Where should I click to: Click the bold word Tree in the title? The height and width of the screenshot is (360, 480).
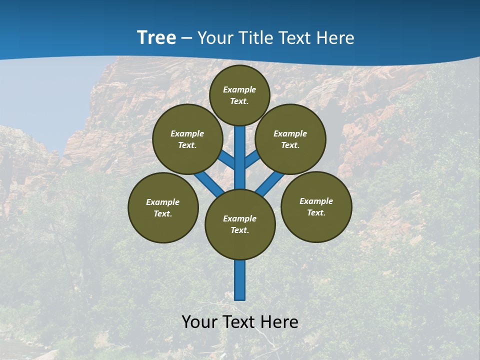click(156, 38)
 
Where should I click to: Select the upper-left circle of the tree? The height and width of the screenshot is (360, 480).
click(187, 139)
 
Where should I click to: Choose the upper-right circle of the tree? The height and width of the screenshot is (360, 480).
click(290, 139)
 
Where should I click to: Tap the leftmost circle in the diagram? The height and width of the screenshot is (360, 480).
click(163, 208)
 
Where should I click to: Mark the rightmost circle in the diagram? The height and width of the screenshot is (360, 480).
click(316, 207)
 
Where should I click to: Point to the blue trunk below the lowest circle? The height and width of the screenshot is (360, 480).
click(240, 280)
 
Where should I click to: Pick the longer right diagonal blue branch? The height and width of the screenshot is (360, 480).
click(268, 183)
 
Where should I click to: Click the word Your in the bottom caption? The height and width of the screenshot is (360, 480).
click(200, 322)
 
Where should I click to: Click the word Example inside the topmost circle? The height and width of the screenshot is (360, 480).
click(239, 89)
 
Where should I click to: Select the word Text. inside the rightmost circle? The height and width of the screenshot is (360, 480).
click(316, 212)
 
